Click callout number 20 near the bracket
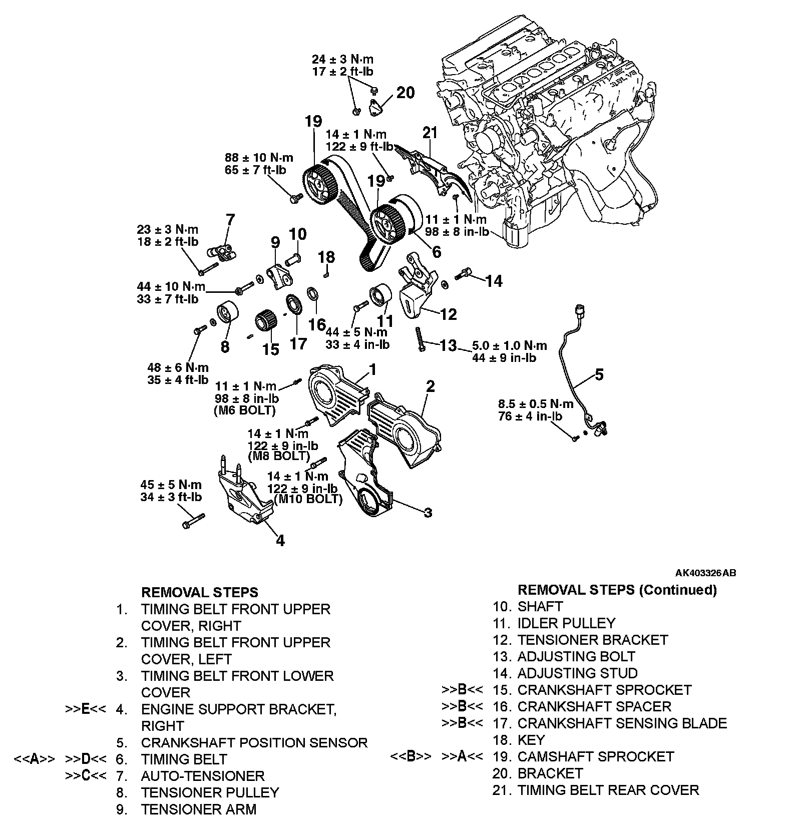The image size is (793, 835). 406,93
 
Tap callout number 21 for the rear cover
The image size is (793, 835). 430,133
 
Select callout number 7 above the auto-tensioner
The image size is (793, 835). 230,220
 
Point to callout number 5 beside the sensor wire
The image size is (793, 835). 599,374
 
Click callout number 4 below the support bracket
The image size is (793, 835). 280,541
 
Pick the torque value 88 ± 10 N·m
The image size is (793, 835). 255,158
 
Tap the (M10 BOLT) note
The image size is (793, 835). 308,499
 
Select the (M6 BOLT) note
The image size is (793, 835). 245,410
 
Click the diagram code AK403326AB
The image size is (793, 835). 705,573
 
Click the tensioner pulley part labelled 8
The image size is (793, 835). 228,316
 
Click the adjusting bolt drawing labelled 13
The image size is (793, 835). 419,338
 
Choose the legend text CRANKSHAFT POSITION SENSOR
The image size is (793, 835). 254,742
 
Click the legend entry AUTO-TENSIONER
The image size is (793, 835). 202,776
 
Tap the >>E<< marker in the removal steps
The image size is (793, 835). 85,709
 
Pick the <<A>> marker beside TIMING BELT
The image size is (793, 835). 34,759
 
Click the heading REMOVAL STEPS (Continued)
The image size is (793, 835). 617,590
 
